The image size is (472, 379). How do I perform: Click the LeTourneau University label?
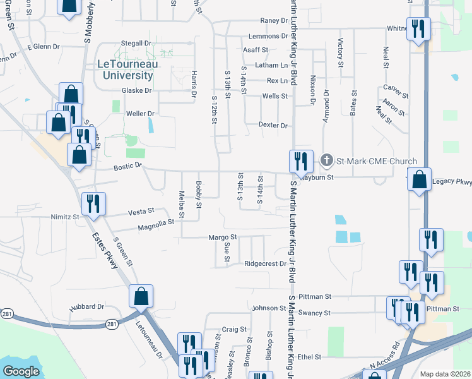[x=126, y=69]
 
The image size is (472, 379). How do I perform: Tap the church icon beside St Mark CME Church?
[x=327, y=160]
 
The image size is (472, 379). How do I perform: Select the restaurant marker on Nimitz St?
[x=93, y=203]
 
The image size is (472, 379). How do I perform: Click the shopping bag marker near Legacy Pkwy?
[x=419, y=180]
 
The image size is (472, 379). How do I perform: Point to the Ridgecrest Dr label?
[x=265, y=264]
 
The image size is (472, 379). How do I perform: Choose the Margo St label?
[x=222, y=238]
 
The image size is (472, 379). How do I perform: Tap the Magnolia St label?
[x=155, y=223]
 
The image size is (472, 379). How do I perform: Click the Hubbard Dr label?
[x=87, y=306]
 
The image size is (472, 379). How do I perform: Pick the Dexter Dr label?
[x=273, y=125]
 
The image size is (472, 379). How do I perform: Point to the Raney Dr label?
[x=274, y=21]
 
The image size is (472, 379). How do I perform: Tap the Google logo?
[x=21, y=371]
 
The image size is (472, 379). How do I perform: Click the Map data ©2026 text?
[x=445, y=374]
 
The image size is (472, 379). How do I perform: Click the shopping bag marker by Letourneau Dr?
[x=141, y=296]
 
